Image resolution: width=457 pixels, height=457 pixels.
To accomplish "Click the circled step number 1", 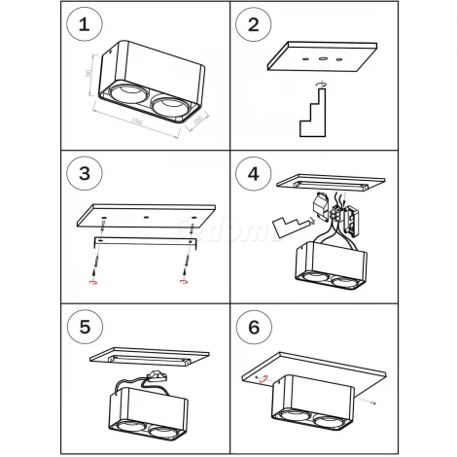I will (x=86, y=23).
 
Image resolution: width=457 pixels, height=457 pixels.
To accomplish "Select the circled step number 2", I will (x=253, y=23).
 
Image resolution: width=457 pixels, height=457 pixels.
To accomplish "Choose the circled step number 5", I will (x=86, y=325).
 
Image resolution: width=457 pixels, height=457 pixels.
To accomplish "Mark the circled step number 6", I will (x=253, y=325).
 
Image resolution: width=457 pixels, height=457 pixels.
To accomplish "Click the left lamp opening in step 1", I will (x=126, y=94).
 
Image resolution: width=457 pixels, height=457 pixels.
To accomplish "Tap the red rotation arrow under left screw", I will (x=93, y=283).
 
